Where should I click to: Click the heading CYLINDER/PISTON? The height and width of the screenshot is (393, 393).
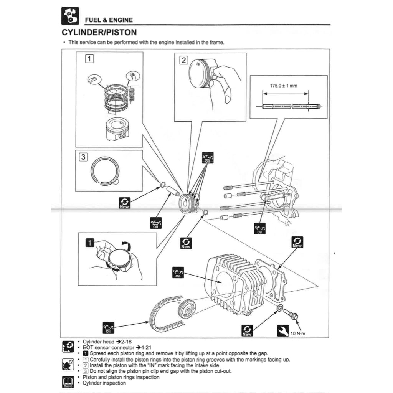point(99,32)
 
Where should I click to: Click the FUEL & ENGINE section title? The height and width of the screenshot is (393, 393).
point(109,20)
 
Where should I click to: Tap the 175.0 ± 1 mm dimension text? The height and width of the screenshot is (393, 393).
point(286,86)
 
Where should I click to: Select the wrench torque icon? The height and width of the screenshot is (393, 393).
point(282,331)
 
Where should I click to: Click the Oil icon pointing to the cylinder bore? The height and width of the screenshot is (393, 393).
point(178,272)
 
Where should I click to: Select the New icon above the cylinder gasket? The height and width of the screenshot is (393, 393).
point(297,242)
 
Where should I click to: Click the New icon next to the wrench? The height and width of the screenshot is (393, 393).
point(247,331)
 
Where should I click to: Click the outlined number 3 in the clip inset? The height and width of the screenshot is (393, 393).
point(83,157)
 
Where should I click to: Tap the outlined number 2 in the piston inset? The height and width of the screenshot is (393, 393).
point(184,60)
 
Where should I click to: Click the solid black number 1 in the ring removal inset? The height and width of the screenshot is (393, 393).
point(89,243)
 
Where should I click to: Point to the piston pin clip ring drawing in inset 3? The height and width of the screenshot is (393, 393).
point(105,172)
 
